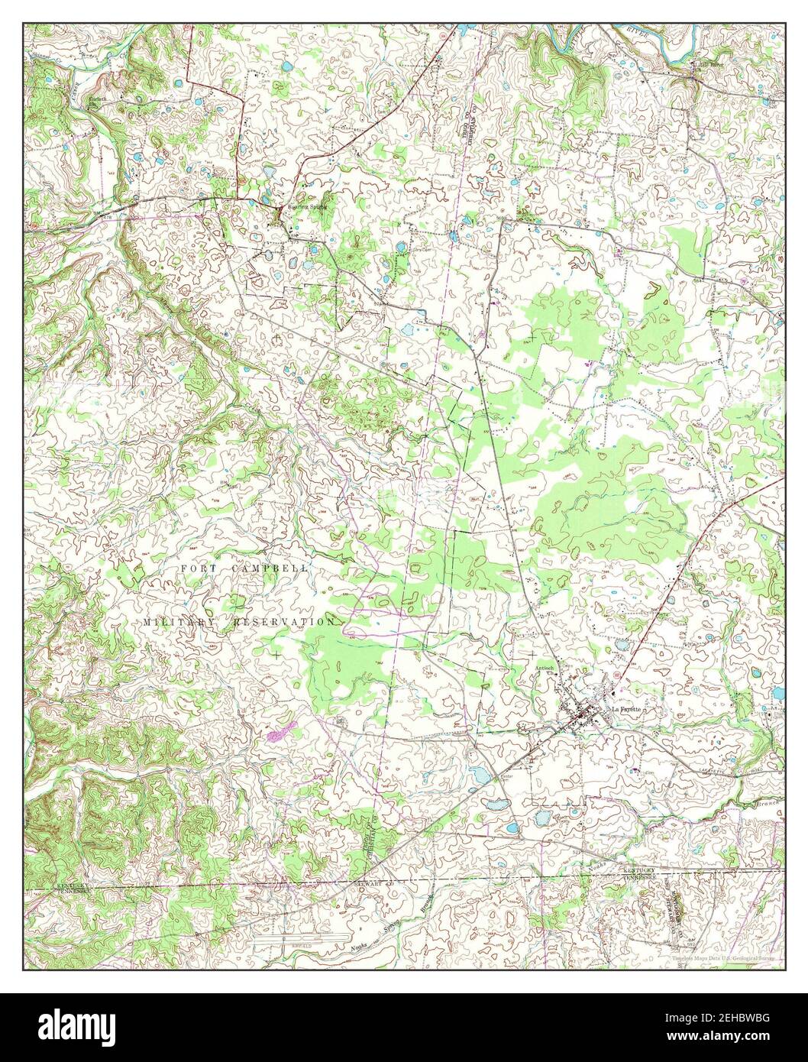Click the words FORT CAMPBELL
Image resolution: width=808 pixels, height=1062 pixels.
[245, 568]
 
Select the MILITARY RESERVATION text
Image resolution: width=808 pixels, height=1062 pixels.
[238, 622]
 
